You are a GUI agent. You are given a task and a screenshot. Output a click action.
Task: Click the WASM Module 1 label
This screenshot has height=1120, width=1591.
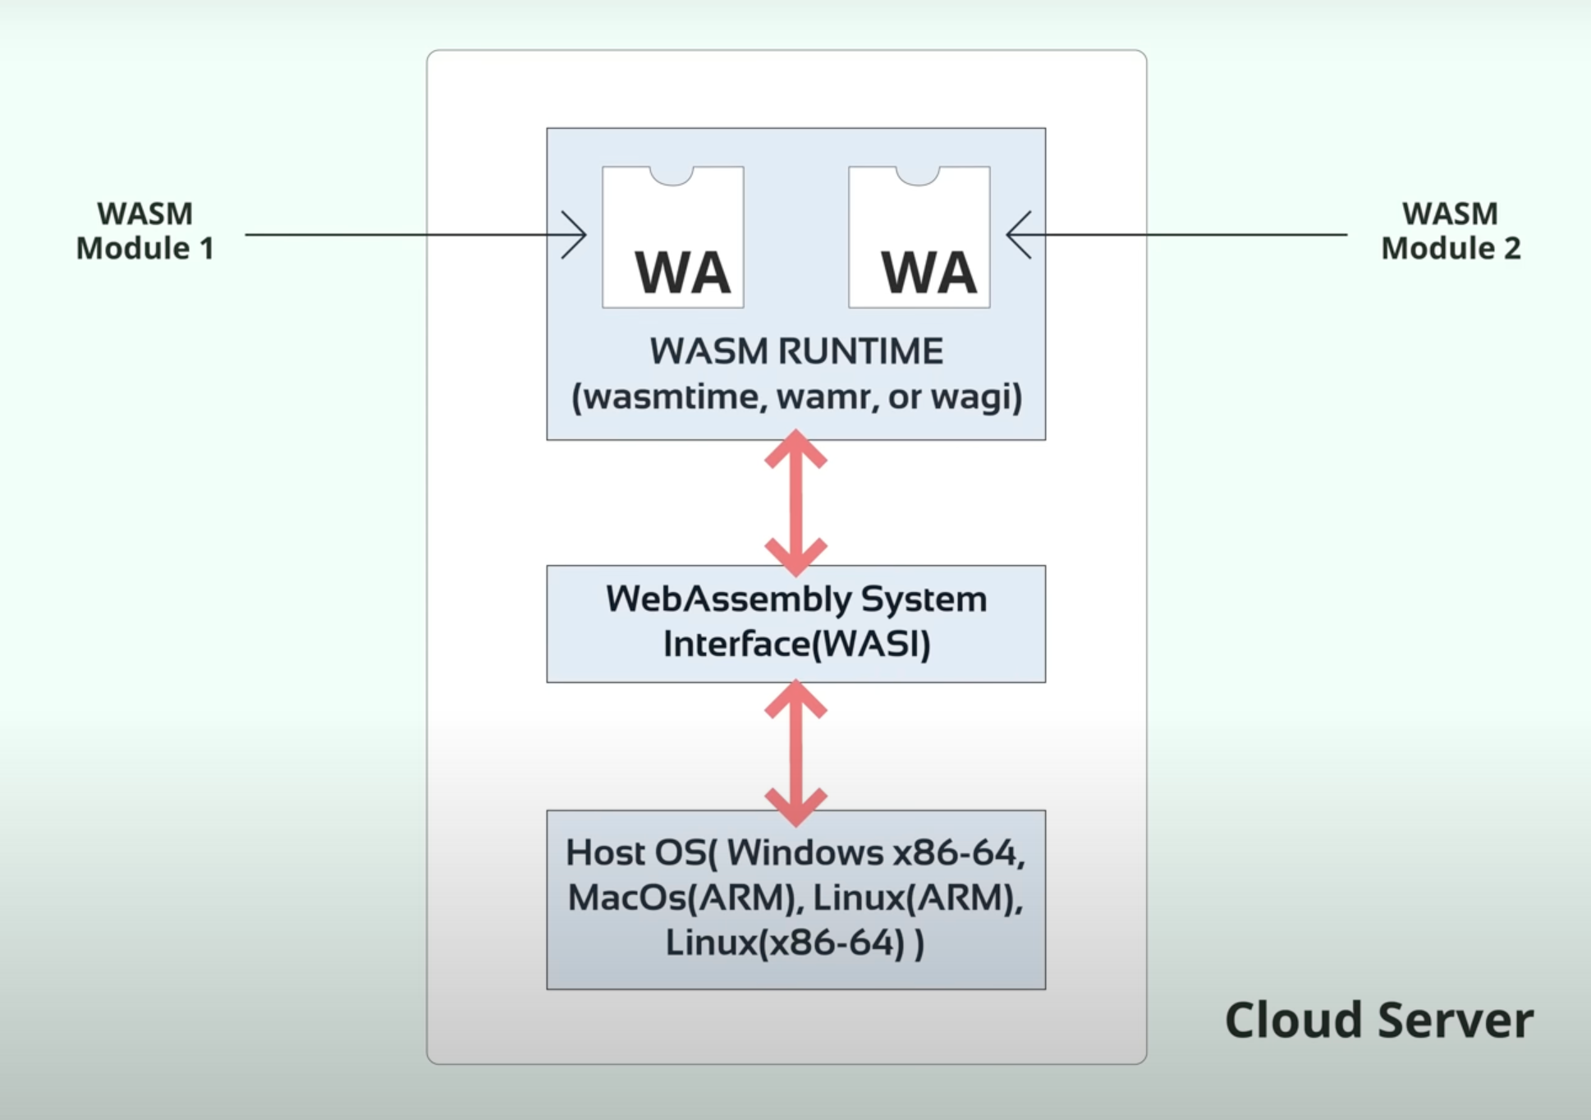click(x=145, y=231)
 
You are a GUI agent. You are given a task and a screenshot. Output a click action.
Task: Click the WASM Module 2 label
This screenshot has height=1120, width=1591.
click(x=1451, y=231)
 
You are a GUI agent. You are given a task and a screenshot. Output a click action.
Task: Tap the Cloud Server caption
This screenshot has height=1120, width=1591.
click(x=1378, y=1020)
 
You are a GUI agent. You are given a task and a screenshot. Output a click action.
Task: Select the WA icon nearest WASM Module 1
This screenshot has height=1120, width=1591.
click(x=673, y=237)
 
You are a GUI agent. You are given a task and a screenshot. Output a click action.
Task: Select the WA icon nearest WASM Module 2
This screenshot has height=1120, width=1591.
click(x=919, y=237)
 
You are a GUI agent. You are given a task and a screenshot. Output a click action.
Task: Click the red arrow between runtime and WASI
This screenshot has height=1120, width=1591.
click(x=795, y=503)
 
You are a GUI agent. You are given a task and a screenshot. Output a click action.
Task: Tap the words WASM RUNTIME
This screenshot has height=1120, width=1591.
click(x=796, y=351)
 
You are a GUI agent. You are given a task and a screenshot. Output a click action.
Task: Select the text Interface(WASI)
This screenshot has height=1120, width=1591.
click(x=796, y=645)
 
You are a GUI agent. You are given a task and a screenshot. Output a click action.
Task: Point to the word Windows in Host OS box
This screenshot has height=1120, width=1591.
click(x=805, y=853)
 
